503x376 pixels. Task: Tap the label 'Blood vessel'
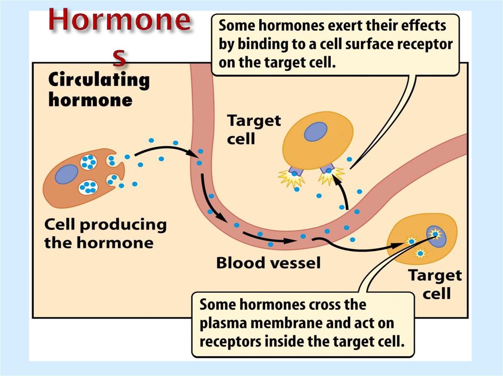pyautogui.click(x=268, y=263)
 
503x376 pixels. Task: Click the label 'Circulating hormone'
pyautogui.click(x=98, y=90)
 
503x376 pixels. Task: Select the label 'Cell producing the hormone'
pyautogui.click(x=105, y=233)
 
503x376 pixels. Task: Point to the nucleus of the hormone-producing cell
pyautogui.click(x=67, y=175)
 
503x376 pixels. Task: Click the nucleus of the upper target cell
pyautogui.click(x=315, y=132)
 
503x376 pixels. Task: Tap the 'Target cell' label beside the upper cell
pyautogui.click(x=253, y=129)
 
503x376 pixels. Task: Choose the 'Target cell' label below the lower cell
pyautogui.click(x=435, y=284)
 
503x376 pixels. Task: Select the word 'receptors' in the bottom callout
pyautogui.click(x=230, y=341)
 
